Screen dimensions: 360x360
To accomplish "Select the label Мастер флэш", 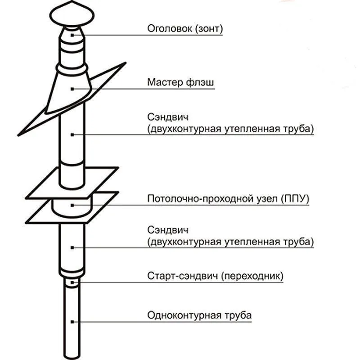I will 180,83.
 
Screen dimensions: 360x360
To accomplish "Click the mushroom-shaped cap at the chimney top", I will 72,16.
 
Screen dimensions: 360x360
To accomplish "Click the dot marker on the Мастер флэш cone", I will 72,89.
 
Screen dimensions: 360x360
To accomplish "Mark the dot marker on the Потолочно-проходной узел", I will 72,206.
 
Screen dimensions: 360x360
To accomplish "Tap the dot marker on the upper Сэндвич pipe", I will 72,134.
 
